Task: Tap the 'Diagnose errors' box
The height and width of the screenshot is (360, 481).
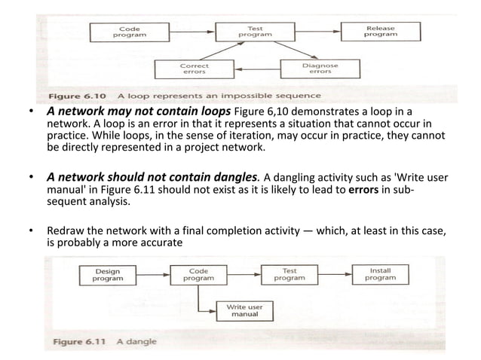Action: pos(320,69)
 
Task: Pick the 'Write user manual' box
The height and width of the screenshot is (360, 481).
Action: pos(243,310)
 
